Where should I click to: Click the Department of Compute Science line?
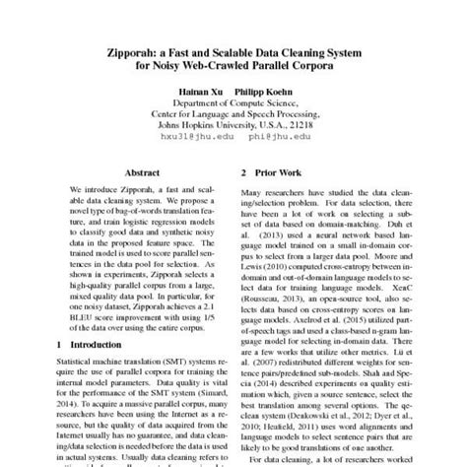point(233,100)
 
